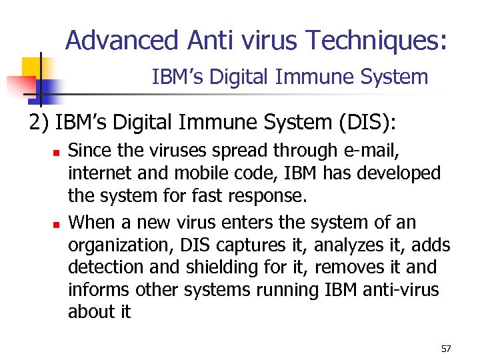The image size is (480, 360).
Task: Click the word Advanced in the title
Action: pos(122,41)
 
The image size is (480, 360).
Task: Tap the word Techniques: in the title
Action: pos(377,41)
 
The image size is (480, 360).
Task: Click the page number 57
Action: pos(446,349)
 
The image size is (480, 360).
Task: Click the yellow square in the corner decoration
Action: pos(33,67)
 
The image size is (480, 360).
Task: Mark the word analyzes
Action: pos(345,244)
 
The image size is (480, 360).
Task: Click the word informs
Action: pos(99,291)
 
